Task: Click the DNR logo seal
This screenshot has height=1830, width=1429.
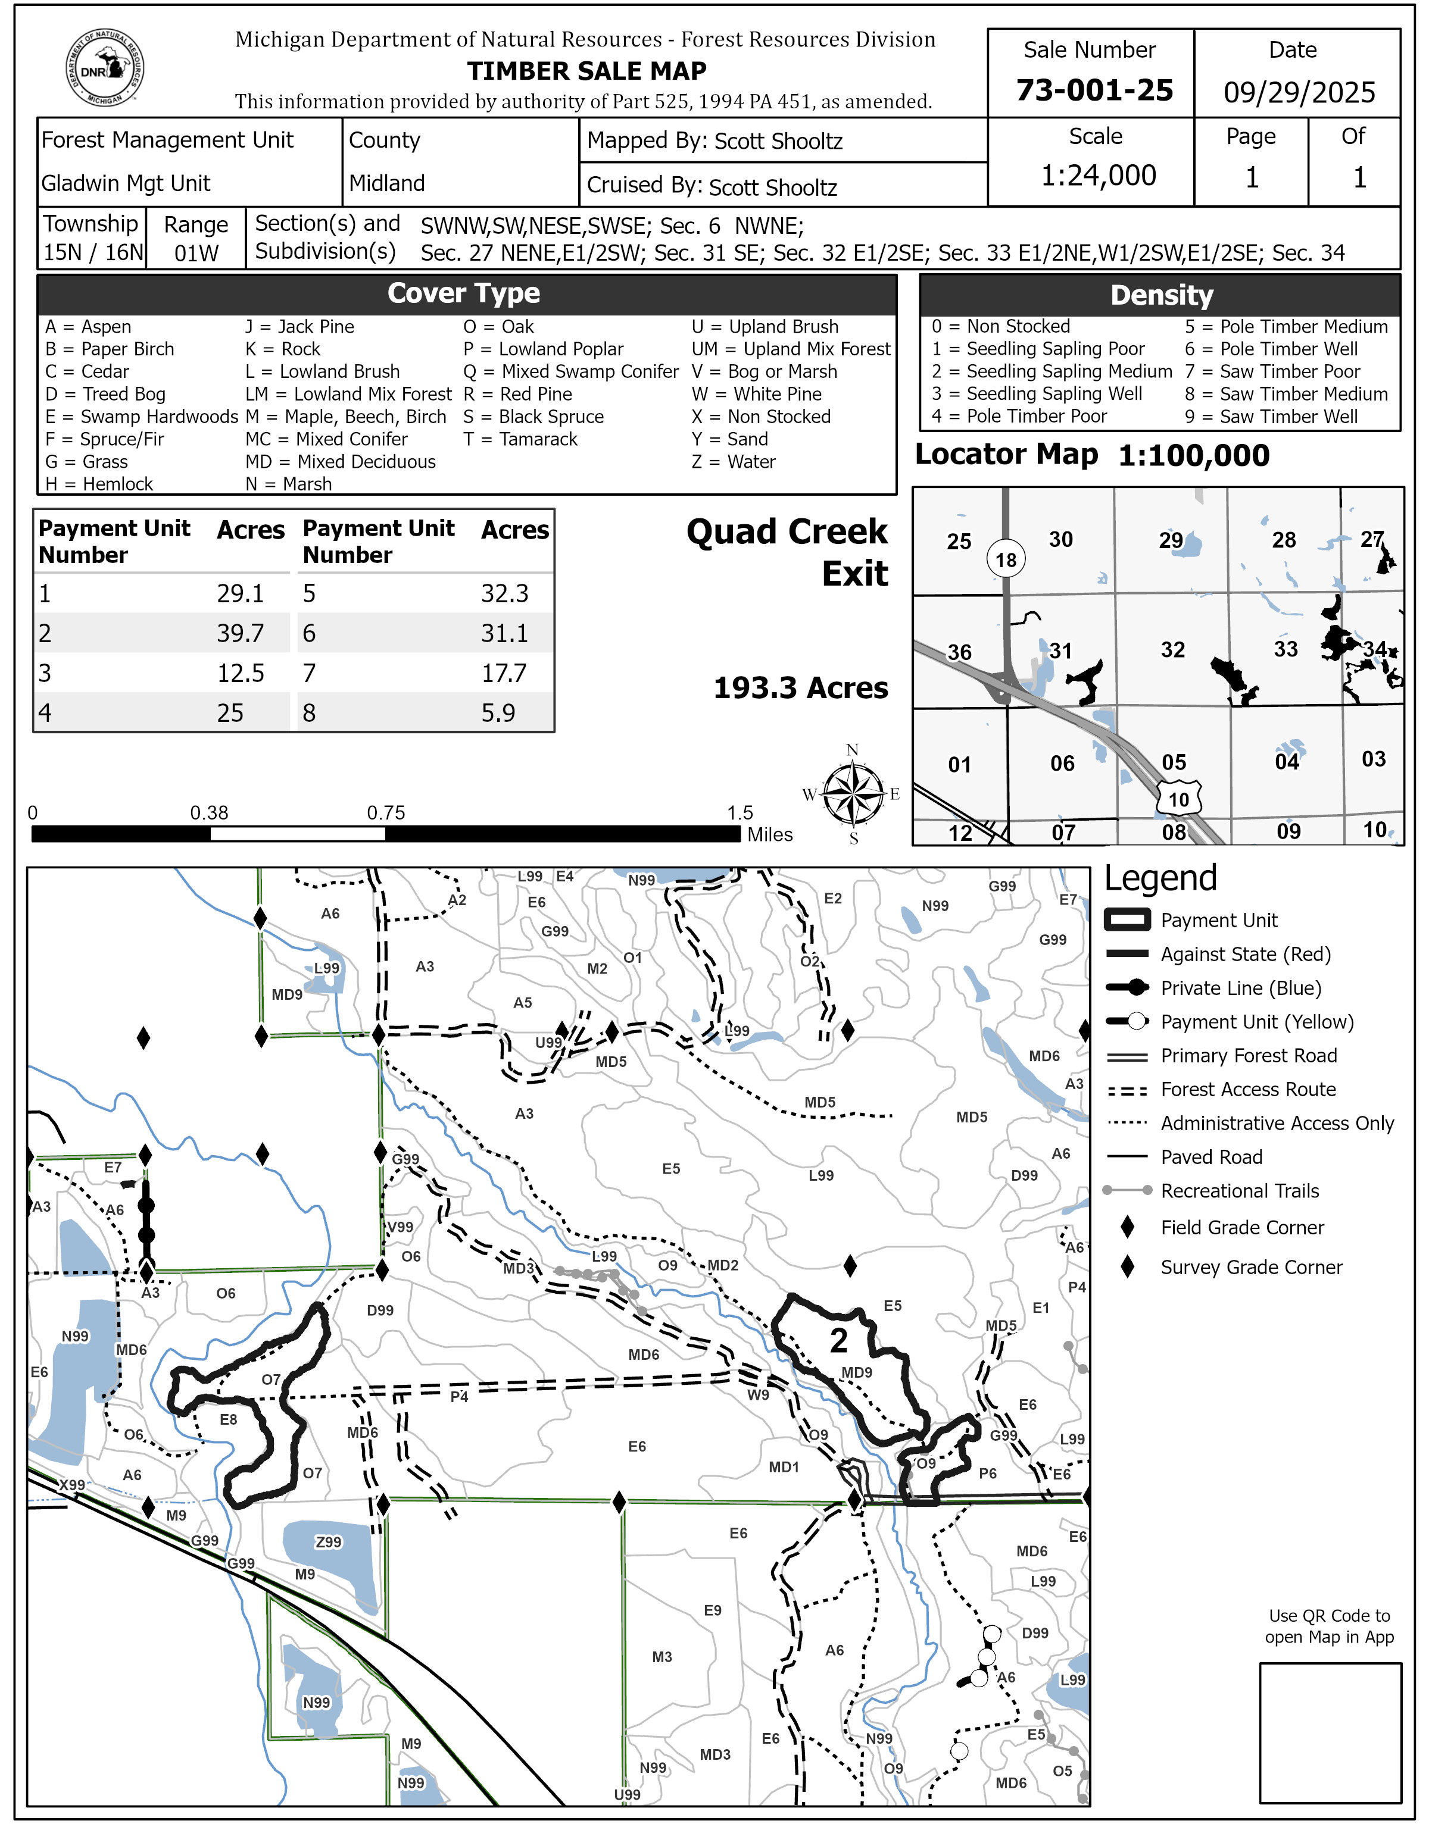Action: (105, 68)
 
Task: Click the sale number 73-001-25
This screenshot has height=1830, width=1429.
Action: (1094, 90)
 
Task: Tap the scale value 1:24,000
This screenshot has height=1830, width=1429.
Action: (1098, 175)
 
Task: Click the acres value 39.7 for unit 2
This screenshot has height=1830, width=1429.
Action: (241, 633)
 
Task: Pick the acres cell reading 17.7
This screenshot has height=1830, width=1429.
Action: (504, 673)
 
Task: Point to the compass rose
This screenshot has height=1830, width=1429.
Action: (853, 793)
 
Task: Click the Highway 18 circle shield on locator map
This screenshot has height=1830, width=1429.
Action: (1006, 559)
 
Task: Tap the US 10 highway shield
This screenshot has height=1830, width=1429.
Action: (1178, 799)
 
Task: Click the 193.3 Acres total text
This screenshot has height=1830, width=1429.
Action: (800, 688)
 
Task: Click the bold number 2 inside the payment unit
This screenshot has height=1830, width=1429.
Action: (838, 1341)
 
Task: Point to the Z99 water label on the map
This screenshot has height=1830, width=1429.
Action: (329, 1542)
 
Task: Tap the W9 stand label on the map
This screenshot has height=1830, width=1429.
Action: (757, 1395)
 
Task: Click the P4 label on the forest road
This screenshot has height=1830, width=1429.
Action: (459, 1397)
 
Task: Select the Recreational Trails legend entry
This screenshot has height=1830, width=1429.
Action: (1238, 1191)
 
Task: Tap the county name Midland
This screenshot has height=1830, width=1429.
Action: (386, 183)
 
